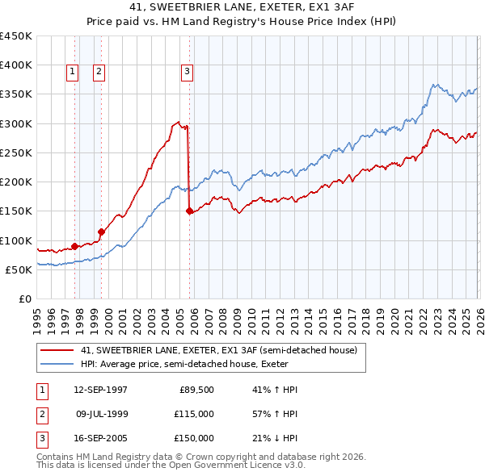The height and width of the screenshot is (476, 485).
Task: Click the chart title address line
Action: (x=242, y=8)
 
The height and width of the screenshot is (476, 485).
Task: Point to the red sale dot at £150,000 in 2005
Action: (x=190, y=211)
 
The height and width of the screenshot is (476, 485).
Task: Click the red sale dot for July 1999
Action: (x=101, y=232)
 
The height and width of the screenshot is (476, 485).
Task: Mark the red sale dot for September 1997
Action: (x=74, y=246)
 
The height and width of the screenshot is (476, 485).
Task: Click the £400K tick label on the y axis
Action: (x=16, y=65)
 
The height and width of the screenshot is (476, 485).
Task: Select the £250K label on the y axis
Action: (x=16, y=152)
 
